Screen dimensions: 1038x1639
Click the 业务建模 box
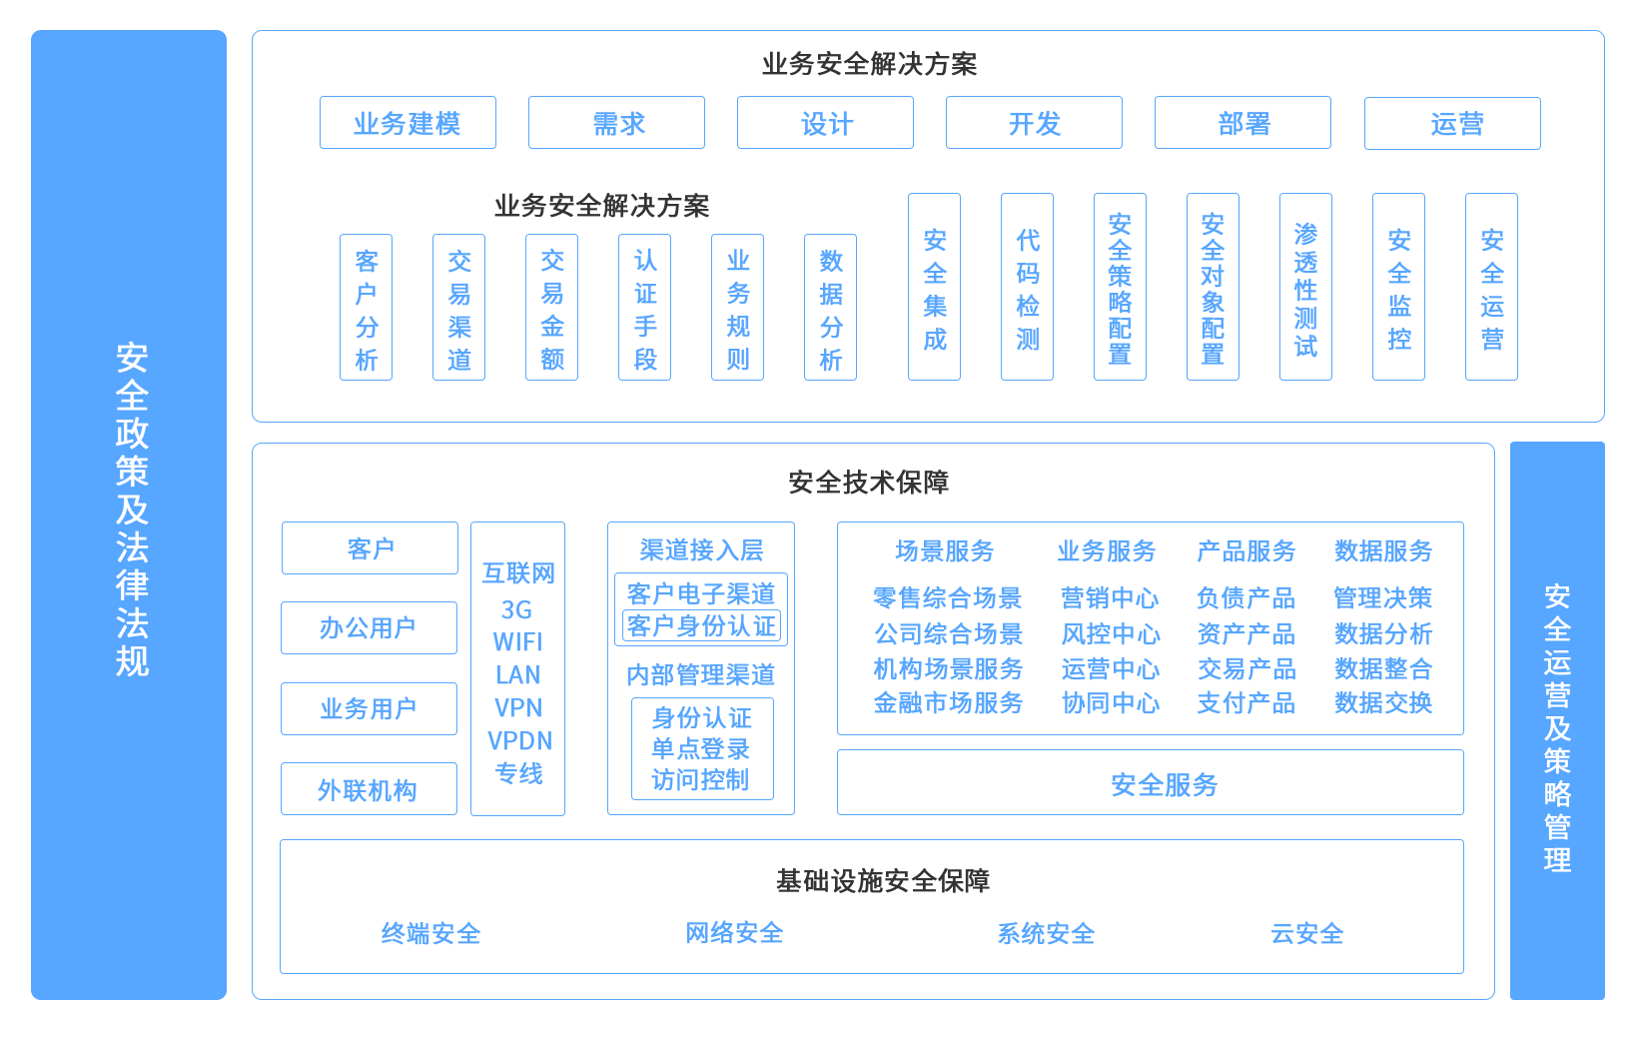coord(408,123)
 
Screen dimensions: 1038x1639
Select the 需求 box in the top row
coord(616,123)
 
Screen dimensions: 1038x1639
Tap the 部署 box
coord(1242,123)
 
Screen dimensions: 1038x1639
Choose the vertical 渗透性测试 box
coord(1305,287)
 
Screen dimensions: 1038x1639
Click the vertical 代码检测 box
coord(1027,287)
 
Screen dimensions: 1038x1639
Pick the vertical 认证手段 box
coord(644,308)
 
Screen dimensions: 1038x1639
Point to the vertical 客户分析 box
coord(366,308)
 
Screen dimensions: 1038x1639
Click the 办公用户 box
coord(369,627)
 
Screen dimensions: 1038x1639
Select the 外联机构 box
coord(369,789)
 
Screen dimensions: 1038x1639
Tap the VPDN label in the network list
coord(519,740)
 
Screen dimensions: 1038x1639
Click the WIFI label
coord(517,641)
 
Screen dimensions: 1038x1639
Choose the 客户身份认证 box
coord(701,625)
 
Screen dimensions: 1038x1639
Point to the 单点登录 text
coord(701,748)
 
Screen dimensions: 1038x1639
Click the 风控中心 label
coord(1110,633)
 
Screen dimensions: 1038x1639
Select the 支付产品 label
coord(1245,702)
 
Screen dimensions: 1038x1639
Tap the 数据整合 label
coord(1383,668)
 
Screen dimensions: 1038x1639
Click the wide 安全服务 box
coord(1150,783)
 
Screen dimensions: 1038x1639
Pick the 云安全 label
coord(1306,933)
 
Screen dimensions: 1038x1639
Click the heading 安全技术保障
coord(868,483)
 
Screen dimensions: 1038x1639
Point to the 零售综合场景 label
coord(947,597)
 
